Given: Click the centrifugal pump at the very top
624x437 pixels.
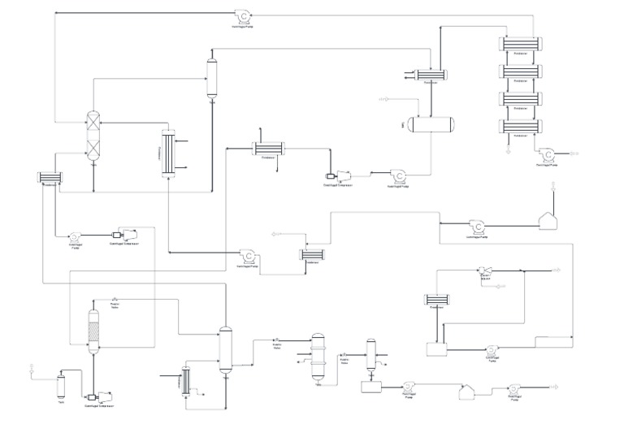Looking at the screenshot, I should [242, 15].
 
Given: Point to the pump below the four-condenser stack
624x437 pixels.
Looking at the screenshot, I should [548, 153].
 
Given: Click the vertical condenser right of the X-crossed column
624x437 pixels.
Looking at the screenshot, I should [168, 152].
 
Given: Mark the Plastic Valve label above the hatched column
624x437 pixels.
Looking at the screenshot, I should [115, 304].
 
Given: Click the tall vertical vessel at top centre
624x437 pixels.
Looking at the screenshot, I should [214, 77].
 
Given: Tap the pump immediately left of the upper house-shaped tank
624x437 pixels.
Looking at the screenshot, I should [478, 226].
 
